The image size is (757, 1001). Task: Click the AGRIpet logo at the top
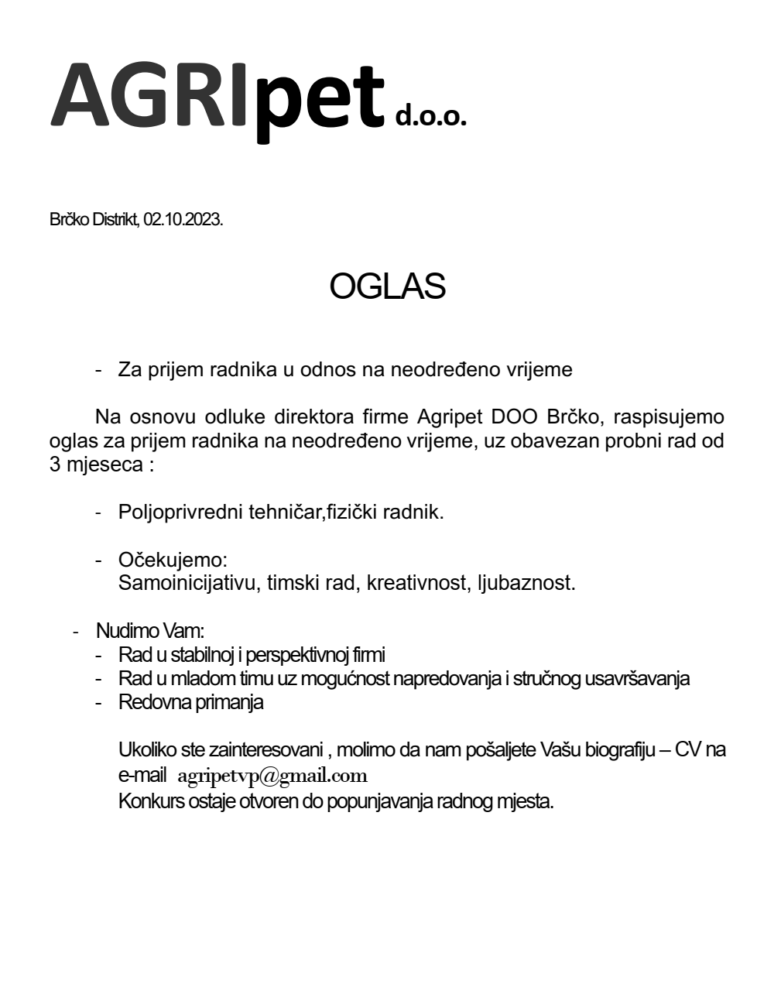[x=218, y=97]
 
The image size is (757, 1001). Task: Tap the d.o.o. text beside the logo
[x=431, y=116]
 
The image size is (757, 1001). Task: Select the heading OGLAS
[x=387, y=286]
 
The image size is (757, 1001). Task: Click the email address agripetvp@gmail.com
[x=272, y=776]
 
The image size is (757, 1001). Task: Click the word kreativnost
[x=415, y=582]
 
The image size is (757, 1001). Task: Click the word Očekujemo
[x=172, y=559]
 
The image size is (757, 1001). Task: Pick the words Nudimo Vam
[x=149, y=631]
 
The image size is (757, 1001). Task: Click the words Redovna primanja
[x=190, y=702]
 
